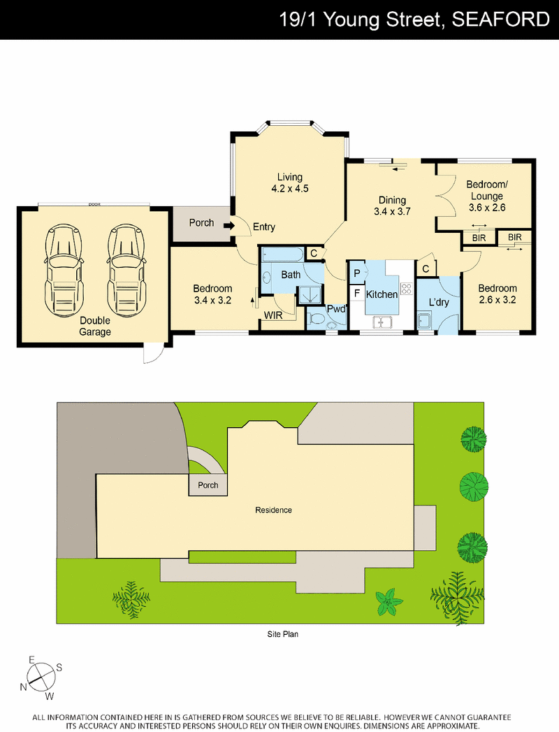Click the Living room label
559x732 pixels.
pyautogui.click(x=290, y=177)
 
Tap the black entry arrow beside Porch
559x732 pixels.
pyautogui.click(x=229, y=226)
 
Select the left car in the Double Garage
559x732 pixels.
pyautogui.click(x=64, y=270)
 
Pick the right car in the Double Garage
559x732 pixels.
pyautogui.click(x=126, y=270)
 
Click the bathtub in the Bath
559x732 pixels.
pyautogui.click(x=282, y=254)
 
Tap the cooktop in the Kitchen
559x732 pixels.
pyautogui.click(x=406, y=289)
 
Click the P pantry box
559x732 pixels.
pyautogui.click(x=357, y=273)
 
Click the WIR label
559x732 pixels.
pyautogui.click(x=273, y=315)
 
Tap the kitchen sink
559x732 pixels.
pyautogui.click(x=382, y=322)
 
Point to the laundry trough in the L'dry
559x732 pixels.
pyautogui.click(x=425, y=322)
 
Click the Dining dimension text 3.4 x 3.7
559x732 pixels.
pyautogui.click(x=392, y=211)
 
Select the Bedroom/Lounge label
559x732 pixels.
pyautogui.click(x=486, y=190)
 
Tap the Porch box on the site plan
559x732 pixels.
pyautogui.click(x=208, y=485)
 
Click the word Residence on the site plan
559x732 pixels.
pyautogui.click(x=273, y=510)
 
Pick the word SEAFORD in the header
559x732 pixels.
pyautogui.click(x=501, y=20)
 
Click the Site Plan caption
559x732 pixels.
pyautogui.click(x=283, y=634)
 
